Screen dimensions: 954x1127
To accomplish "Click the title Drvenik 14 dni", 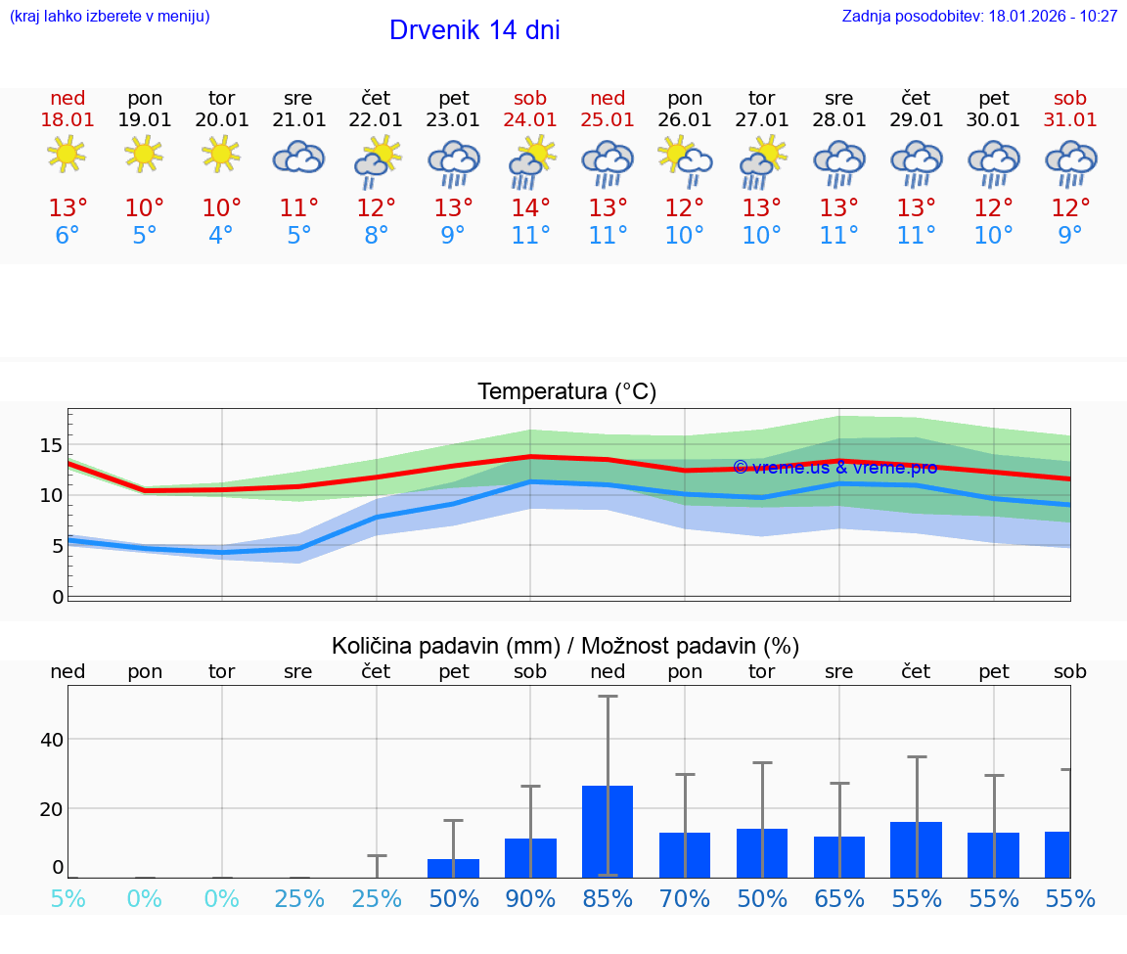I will [474, 30].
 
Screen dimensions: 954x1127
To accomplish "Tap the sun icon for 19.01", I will [144, 154].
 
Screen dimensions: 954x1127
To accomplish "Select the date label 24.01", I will [530, 119].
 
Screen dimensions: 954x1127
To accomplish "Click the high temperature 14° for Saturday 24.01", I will [530, 208].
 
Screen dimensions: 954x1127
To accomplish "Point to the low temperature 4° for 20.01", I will [221, 235].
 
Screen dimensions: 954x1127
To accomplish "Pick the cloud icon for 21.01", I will [298, 157].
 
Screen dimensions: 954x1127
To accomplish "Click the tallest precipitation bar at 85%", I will [608, 831].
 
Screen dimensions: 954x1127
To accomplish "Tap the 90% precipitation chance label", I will [530, 898].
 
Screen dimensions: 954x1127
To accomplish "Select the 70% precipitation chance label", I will [685, 898].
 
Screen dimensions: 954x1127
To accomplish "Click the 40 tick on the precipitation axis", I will [51, 740].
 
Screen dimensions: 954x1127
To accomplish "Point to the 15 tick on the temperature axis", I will [51, 446].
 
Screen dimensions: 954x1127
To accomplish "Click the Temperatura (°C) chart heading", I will [566, 392].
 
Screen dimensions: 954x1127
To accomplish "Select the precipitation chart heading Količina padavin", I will [565, 646].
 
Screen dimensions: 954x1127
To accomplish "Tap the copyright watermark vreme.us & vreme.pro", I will [834, 468].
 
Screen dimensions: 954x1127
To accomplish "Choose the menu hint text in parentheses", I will [109, 17].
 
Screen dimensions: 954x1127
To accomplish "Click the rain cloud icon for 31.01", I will [1070, 162].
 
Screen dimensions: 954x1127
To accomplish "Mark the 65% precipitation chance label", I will [839, 898].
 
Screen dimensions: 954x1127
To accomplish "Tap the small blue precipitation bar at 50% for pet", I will [453, 868].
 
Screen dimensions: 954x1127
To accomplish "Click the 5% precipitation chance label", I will [68, 898].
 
